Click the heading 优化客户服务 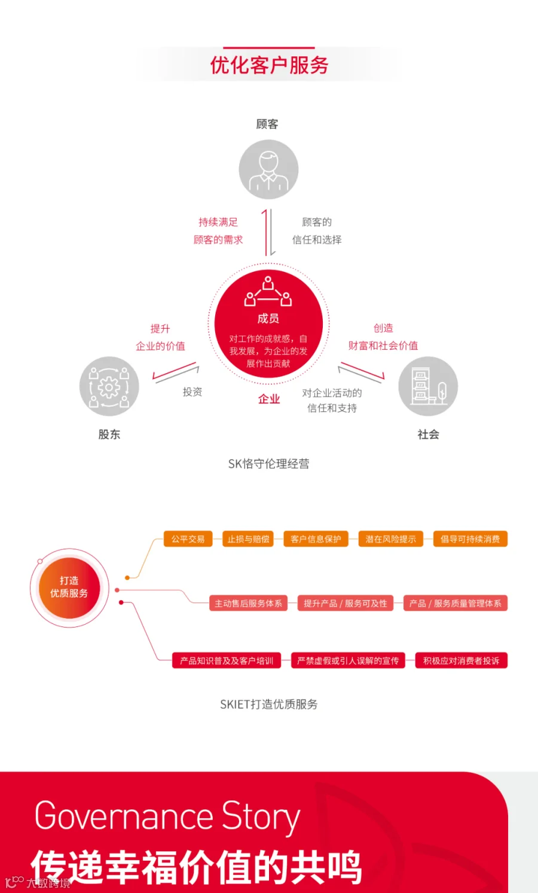pyautogui.click(x=269, y=65)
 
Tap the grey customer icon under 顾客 pyautogui.click(x=268, y=169)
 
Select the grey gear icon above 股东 pyautogui.click(x=109, y=386)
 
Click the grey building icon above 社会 pyautogui.click(x=428, y=386)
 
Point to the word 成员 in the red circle pyautogui.click(x=268, y=319)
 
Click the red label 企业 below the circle pyautogui.click(x=269, y=399)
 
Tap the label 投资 pyautogui.click(x=192, y=392)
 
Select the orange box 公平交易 pyautogui.click(x=188, y=539)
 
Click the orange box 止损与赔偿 pyautogui.click(x=248, y=539)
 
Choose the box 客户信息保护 pyautogui.click(x=316, y=539)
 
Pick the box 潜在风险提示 pyautogui.click(x=391, y=539)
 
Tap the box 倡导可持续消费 pyautogui.click(x=470, y=539)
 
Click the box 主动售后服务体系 pyautogui.click(x=249, y=603)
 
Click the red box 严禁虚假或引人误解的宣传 pyautogui.click(x=348, y=660)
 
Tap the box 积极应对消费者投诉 pyautogui.click(x=461, y=660)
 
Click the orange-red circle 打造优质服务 pyautogui.click(x=69, y=588)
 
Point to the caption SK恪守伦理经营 pyautogui.click(x=269, y=464)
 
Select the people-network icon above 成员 pyautogui.click(x=268, y=292)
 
